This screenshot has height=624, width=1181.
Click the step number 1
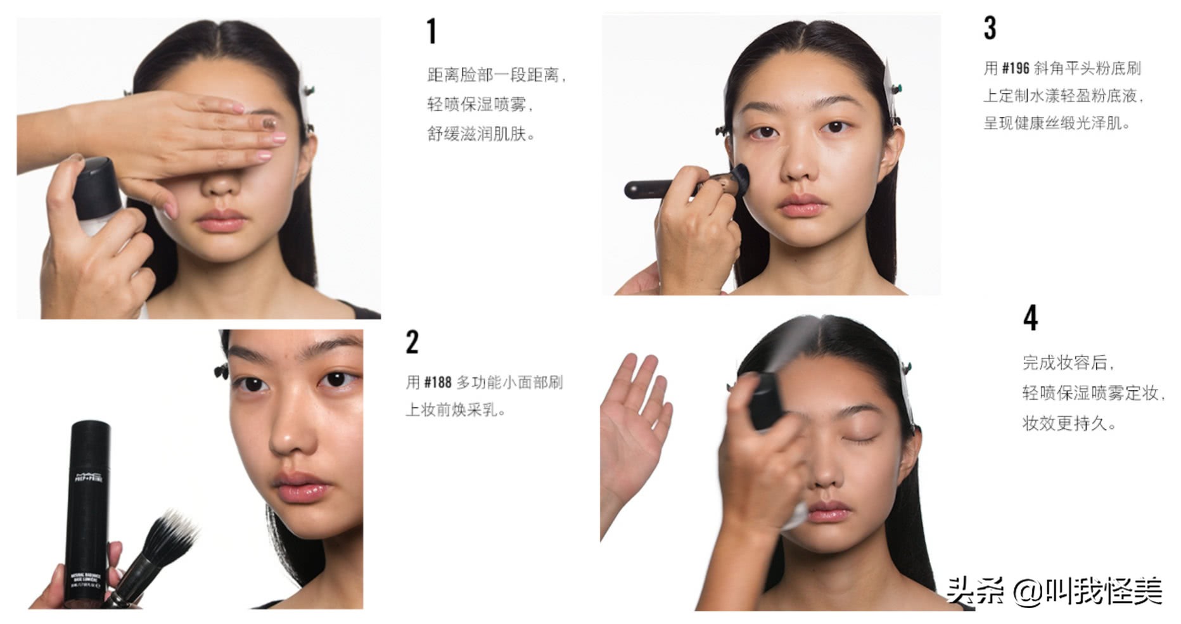coord(431,32)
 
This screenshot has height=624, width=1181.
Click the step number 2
coord(412,342)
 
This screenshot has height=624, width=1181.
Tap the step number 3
coord(990,29)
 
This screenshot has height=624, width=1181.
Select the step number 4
coord(1030,318)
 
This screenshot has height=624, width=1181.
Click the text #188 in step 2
coord(437,383)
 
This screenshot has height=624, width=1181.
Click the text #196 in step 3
coord(1015,68)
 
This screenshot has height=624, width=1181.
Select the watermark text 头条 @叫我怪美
coord(1053,592)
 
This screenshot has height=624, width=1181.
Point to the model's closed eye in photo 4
coord(857,439)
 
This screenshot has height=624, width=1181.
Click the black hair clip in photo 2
coord(220,371)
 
